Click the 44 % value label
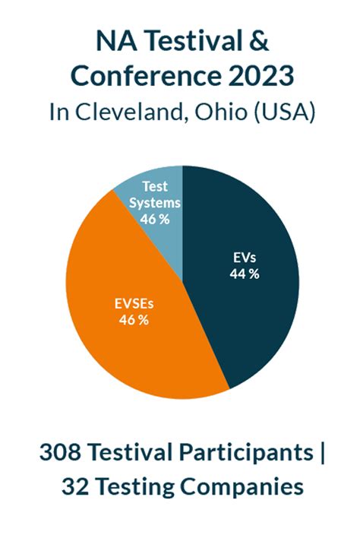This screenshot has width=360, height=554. pos(245,274)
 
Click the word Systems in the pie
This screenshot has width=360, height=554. pos(154,203)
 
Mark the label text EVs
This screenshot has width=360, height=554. pos(245,257)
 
